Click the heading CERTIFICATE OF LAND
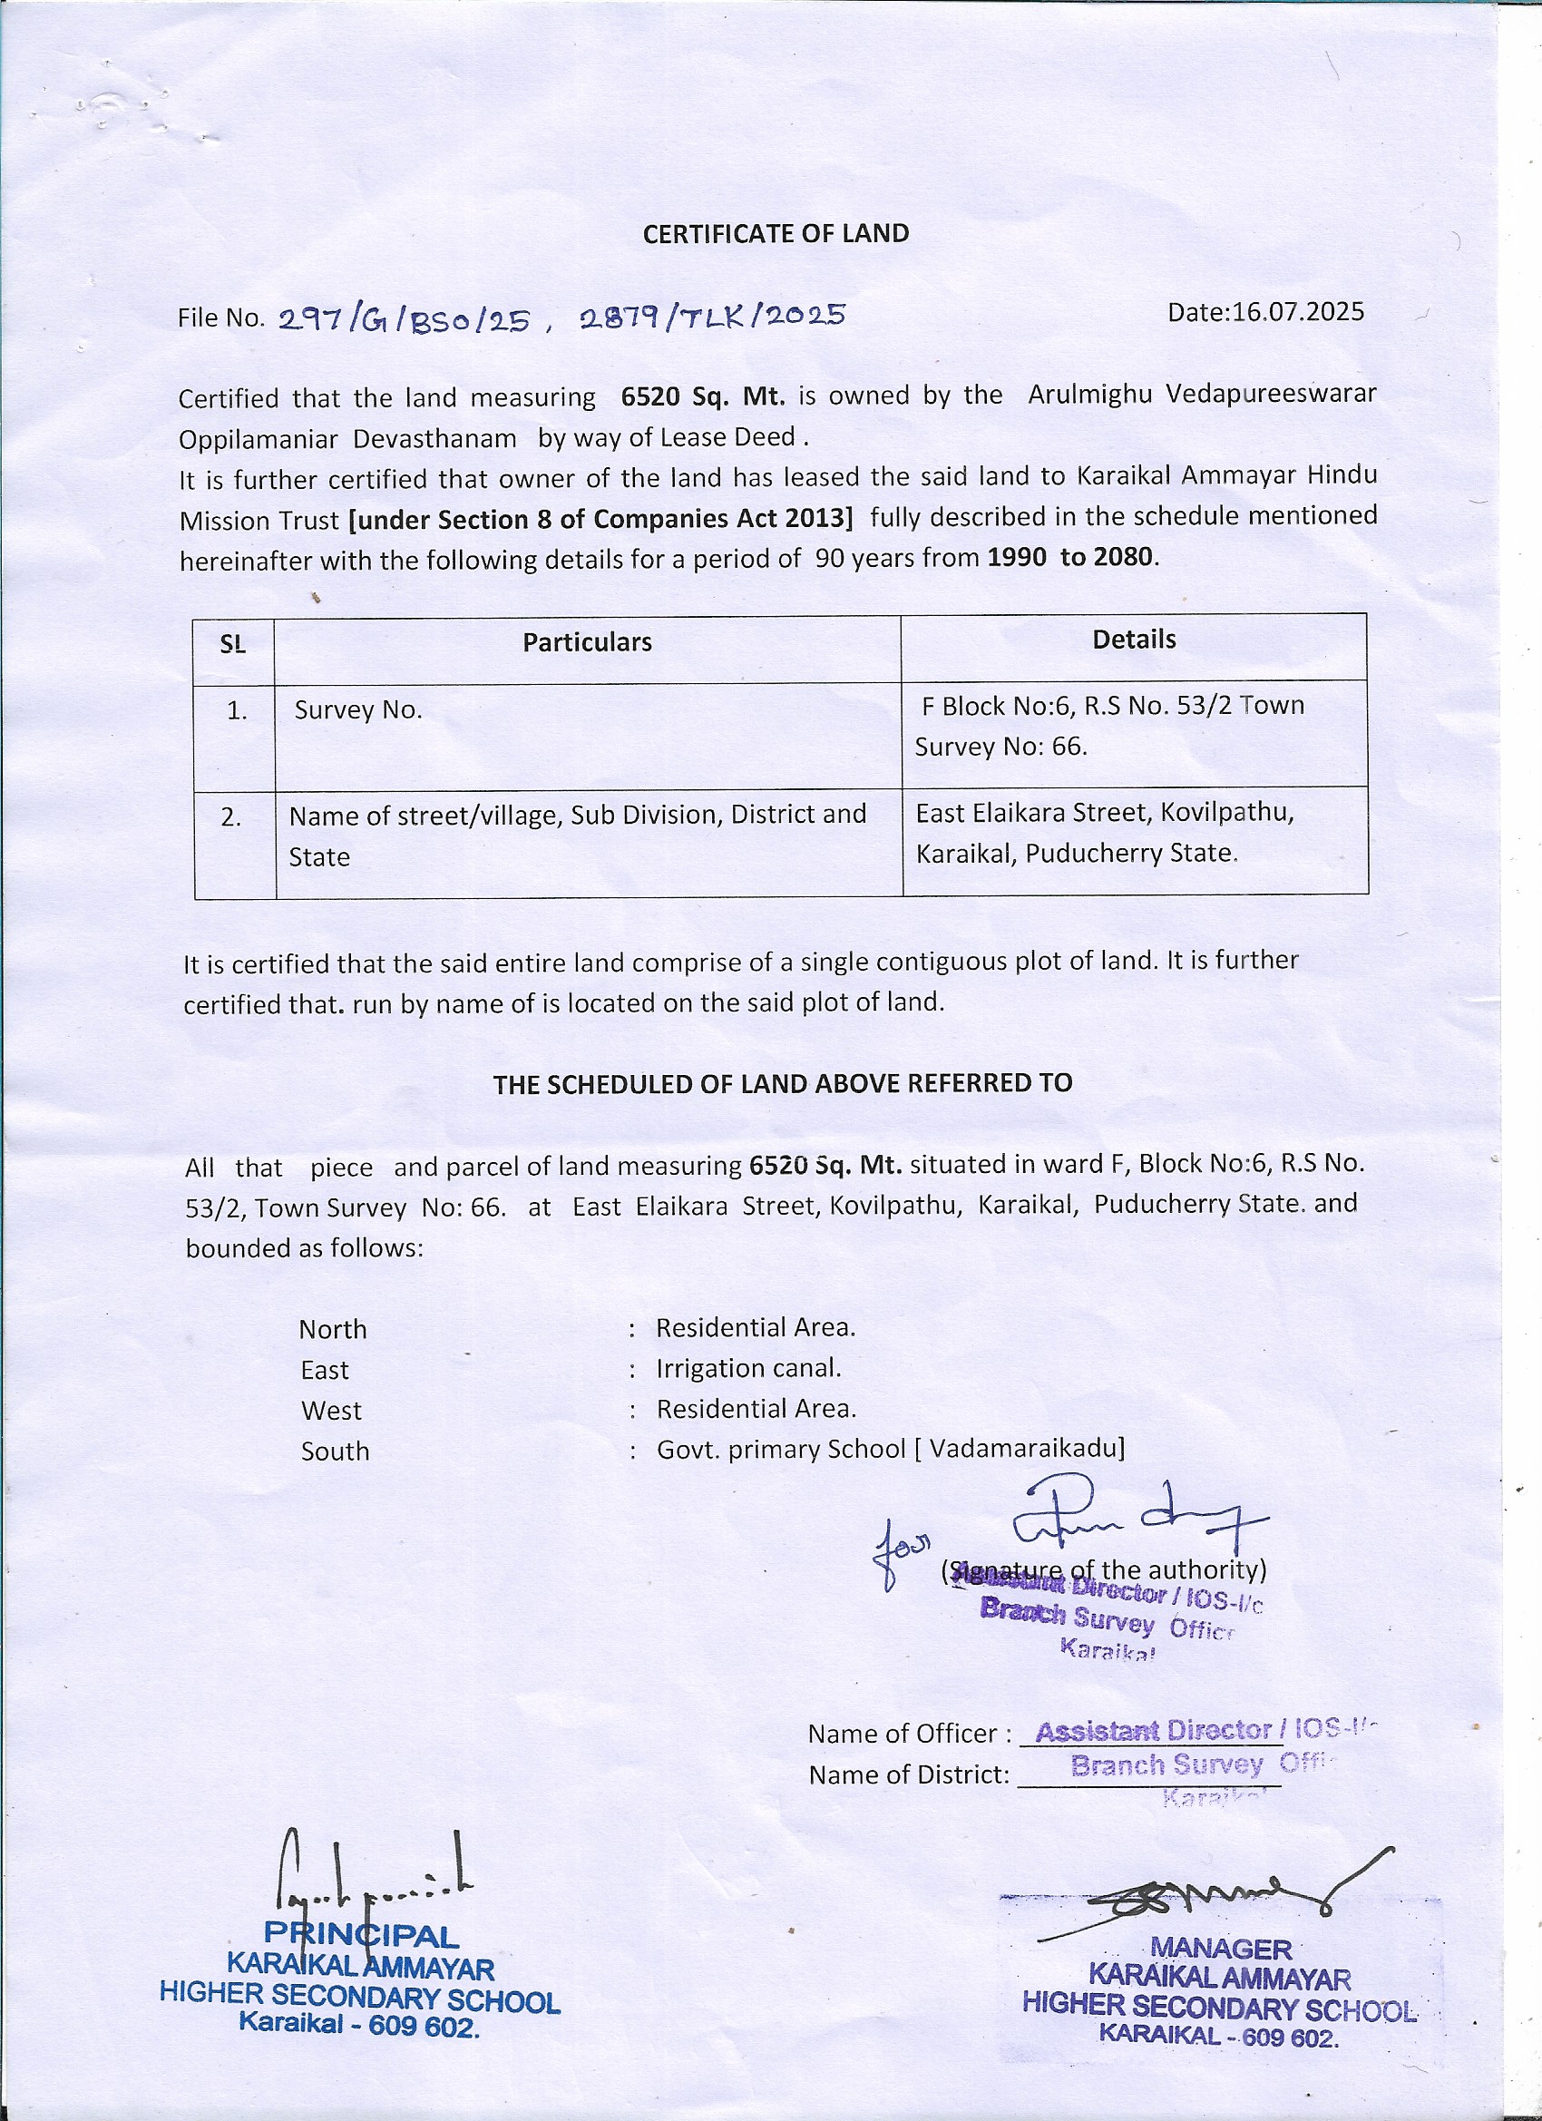click(776, 234)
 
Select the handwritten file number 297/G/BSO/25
click(405, 321)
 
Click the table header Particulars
click(586, 642)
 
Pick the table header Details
click(1133, 640)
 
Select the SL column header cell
click(233, 643)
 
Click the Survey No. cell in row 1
click(358, 709)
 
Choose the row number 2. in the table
click(231, 817)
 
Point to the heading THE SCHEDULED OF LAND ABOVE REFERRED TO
click(782, 1084)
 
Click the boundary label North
click(333, 1329)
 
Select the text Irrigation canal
click(748, 1368)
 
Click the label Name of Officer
click(909, 1734)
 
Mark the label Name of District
click(909, 1775)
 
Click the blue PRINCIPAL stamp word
click(361, 1935)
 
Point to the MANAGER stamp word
click(1219, 1948)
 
